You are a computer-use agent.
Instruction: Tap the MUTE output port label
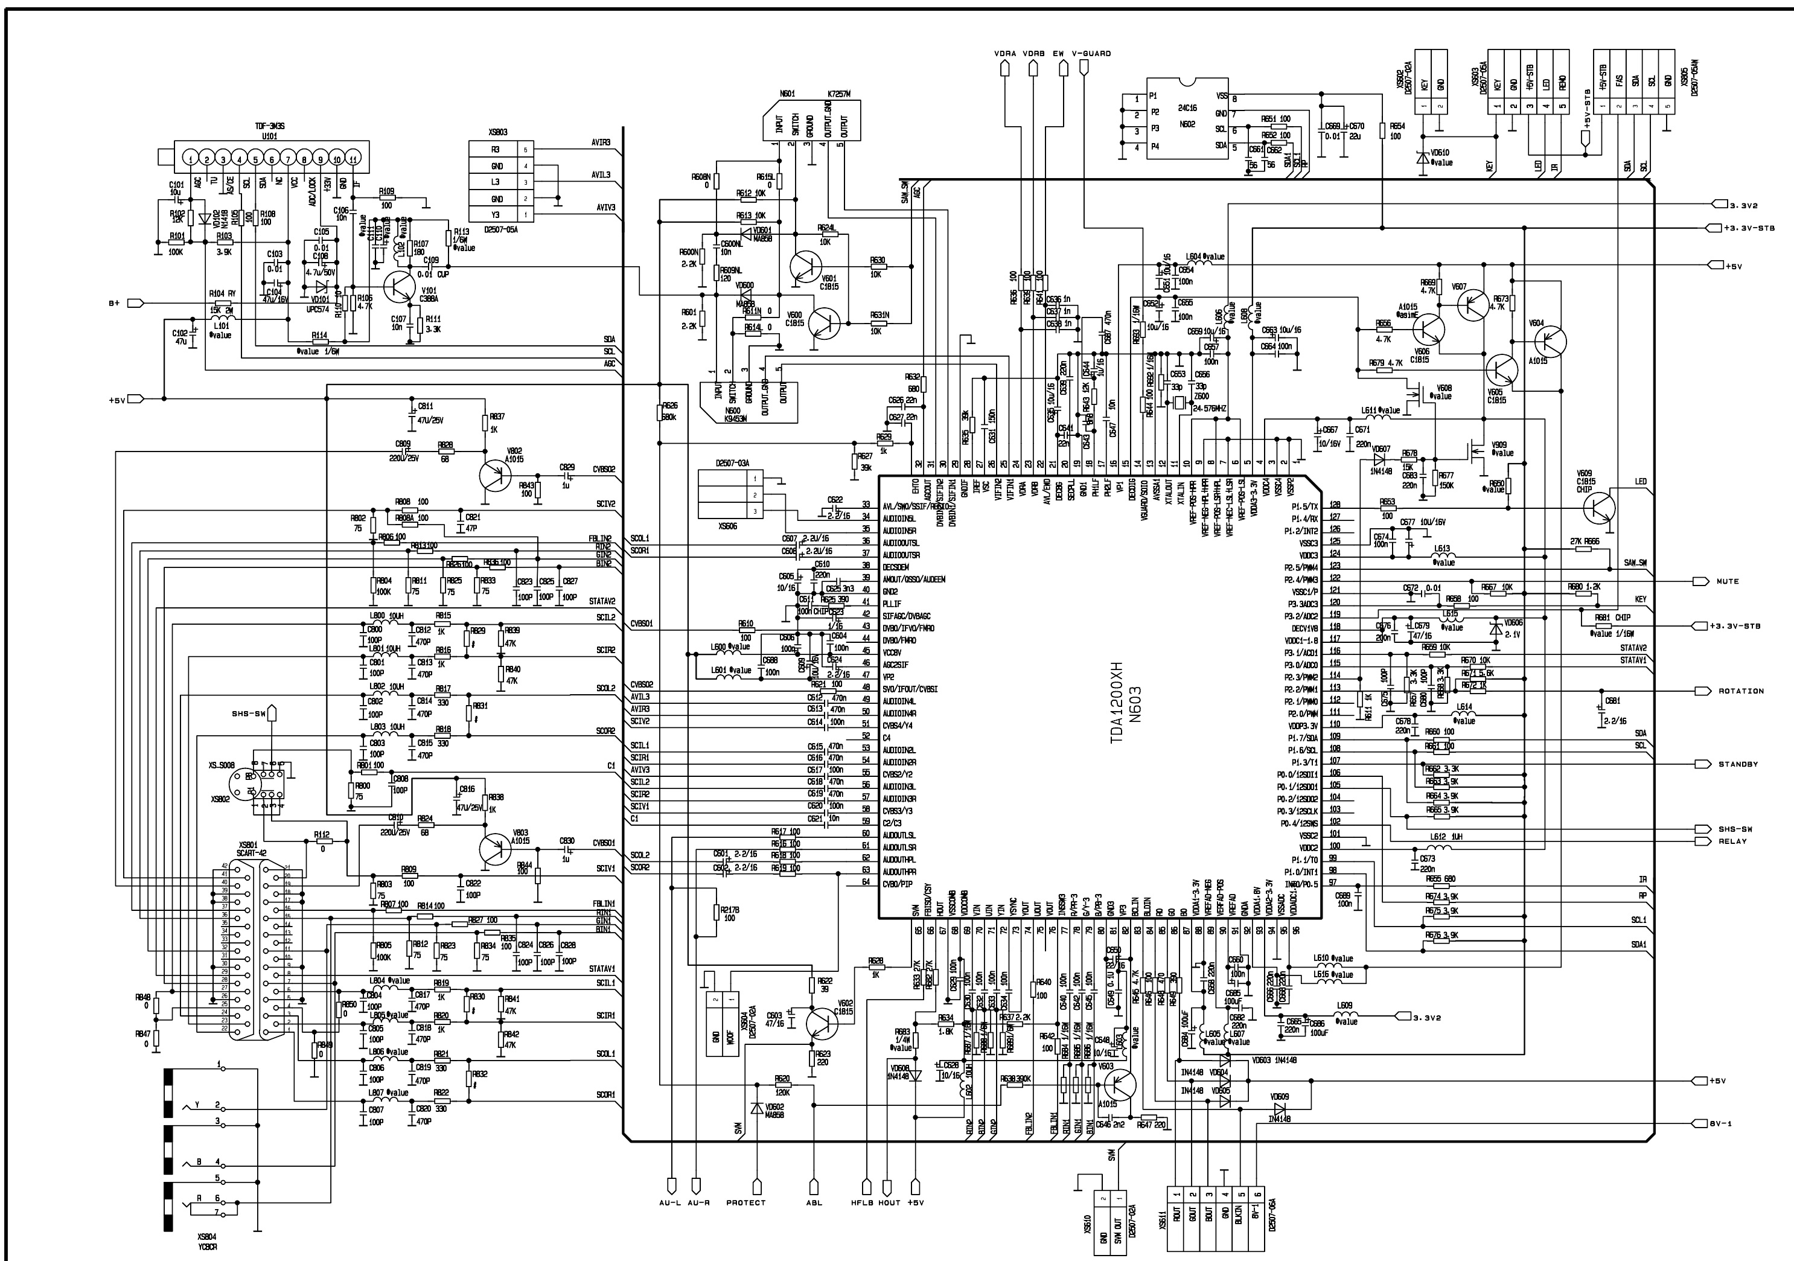[1728, 581]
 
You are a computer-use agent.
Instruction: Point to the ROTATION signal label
[1741, 691]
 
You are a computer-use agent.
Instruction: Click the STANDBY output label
[1738, 764]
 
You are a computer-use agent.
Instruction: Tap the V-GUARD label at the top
[1091, 54]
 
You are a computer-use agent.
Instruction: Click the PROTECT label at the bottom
[745, 1202]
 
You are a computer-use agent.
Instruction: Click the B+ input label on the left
[114, 302]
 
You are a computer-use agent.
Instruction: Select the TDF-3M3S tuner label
[270, 126]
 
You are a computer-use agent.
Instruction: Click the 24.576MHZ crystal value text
[1210, 409]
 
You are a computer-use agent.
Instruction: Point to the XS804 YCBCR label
[207, 1242]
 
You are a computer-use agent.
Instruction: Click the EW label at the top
[1058, 54]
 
